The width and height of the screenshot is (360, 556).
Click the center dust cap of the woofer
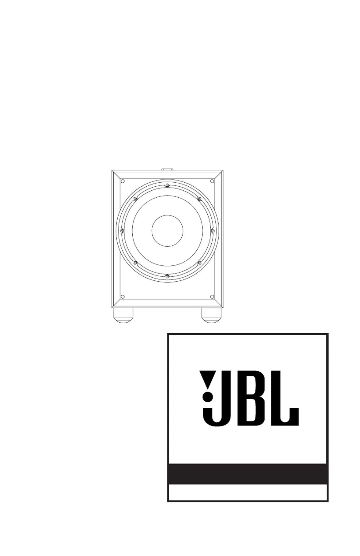[x=167, y=231]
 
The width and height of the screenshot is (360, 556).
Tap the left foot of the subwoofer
[x=123, y=315]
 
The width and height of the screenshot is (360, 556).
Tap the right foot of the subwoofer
[x=211, y=315]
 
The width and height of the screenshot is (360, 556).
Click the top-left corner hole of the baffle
[x=122, y=181]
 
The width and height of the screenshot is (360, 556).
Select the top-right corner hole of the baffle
[x=212, y=181]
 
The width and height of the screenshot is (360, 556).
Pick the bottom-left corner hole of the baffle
[x=122, y=297]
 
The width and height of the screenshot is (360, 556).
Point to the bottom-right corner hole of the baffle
[x=212, y=297]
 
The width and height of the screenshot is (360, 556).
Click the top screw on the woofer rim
[x=167, y=185]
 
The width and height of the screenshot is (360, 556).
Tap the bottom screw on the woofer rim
[x=167, y=276]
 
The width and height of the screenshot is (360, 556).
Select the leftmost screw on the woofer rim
[x=121, y=231]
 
